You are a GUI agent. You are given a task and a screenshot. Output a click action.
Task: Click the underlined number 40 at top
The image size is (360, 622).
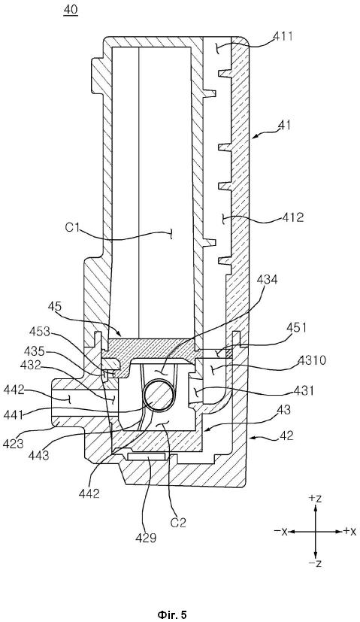click(x=71, y=11)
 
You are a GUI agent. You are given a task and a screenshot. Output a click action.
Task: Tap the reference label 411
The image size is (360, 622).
click(x=283, y=36)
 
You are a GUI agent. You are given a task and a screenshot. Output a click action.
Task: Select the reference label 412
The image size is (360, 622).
click(x=292, y=217)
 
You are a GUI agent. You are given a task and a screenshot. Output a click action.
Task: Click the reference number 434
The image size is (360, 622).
click(x=268, y=280)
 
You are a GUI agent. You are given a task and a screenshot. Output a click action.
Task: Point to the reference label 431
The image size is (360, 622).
click(x=304, y=390)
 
